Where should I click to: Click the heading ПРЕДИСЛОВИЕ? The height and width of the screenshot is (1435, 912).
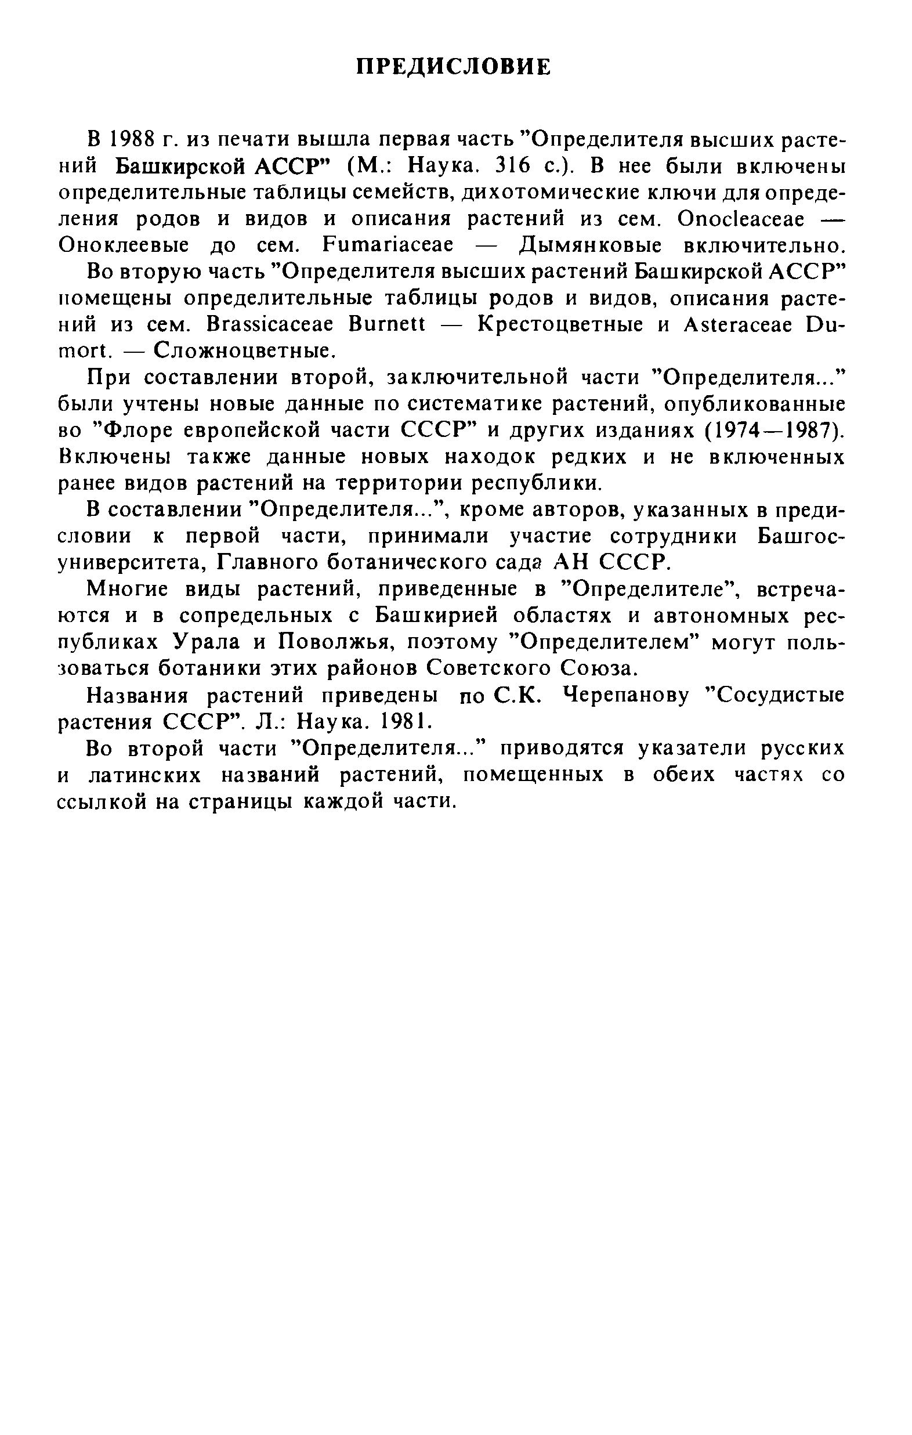pos(453,67)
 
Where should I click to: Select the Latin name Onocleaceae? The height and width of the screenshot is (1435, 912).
pos(740,219)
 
